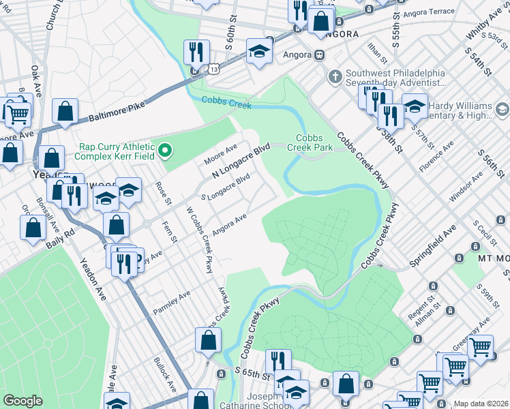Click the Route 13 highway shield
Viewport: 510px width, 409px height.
(214, 70)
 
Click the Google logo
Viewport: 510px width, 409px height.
(22, 401)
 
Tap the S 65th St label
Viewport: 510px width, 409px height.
(252, 374)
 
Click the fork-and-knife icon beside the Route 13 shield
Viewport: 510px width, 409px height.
(195, 51)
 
